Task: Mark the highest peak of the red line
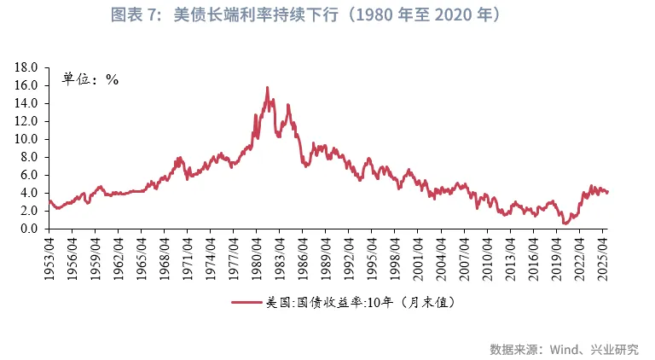point(268,87)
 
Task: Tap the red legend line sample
point(246,302)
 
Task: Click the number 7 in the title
point(156,16)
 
